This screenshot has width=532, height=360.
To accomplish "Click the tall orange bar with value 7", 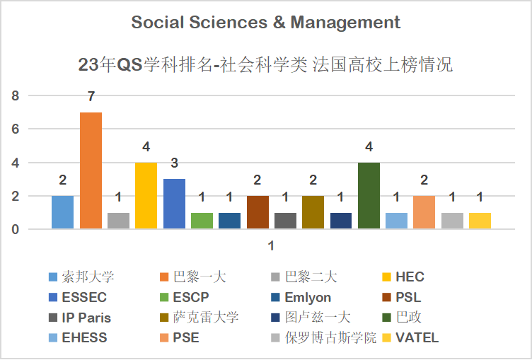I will tap(91, 170).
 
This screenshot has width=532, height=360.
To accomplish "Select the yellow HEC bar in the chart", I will tap(146, 196).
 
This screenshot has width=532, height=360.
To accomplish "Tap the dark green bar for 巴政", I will tap(369, 196).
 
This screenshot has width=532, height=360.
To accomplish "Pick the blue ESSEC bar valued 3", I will tap(174, 204).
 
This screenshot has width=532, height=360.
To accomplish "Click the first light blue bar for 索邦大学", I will tap(62, 212).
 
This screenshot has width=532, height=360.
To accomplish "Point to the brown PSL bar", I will tap(258, 212).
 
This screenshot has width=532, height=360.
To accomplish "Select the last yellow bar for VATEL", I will tap(480, 221).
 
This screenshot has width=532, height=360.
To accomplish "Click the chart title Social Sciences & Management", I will tap(266, 23).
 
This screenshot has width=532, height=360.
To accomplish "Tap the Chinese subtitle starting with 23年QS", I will tap(266, 65).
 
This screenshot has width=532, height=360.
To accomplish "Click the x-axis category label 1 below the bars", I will tap(270, 245).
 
